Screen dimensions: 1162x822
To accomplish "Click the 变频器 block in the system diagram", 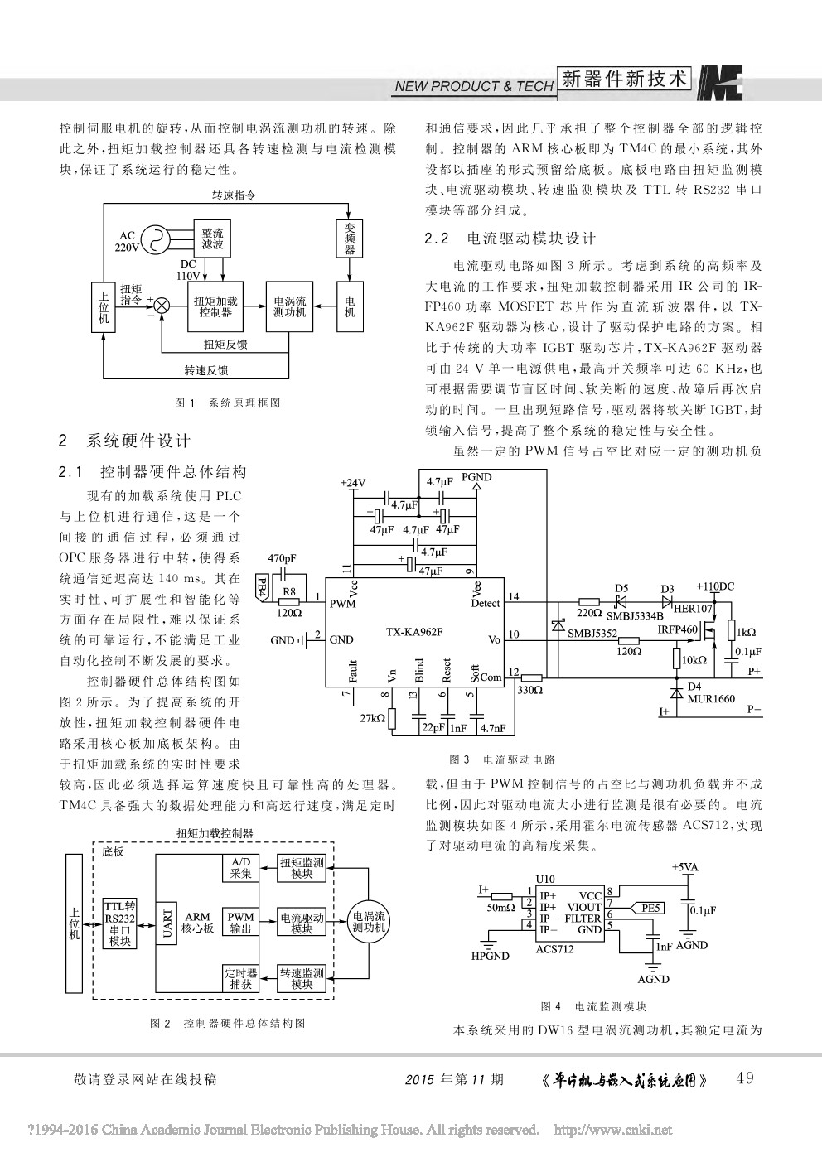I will click(350, 239).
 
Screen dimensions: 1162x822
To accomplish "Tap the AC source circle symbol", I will click(155, 240).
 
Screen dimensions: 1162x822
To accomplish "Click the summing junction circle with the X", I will click(162, 306).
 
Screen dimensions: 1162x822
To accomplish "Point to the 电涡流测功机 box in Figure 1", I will click(289, 306).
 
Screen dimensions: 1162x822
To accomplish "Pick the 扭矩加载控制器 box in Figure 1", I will click(215, 306).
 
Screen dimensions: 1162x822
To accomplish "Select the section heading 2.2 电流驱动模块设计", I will click(510, 239).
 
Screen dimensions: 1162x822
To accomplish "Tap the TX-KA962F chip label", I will click(414, 632).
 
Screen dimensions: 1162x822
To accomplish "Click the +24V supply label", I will click(352, 483).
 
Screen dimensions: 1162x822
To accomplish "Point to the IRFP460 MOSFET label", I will click(678, 630).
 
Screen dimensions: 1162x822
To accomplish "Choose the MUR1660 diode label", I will click(711, 699).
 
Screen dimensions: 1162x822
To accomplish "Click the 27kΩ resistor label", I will click(372, 719).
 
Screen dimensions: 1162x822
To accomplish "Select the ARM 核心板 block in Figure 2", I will click(197, 923).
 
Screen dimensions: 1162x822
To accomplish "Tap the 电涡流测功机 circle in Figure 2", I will click(369, 922).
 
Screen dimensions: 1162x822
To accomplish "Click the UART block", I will click(168, 923).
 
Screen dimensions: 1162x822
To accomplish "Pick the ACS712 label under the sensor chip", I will click(554, 949).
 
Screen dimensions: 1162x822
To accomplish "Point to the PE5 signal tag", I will click(651, 909).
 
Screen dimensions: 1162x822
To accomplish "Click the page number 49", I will click(744, 1078).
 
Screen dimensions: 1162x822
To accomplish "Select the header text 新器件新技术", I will click(625, 79).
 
